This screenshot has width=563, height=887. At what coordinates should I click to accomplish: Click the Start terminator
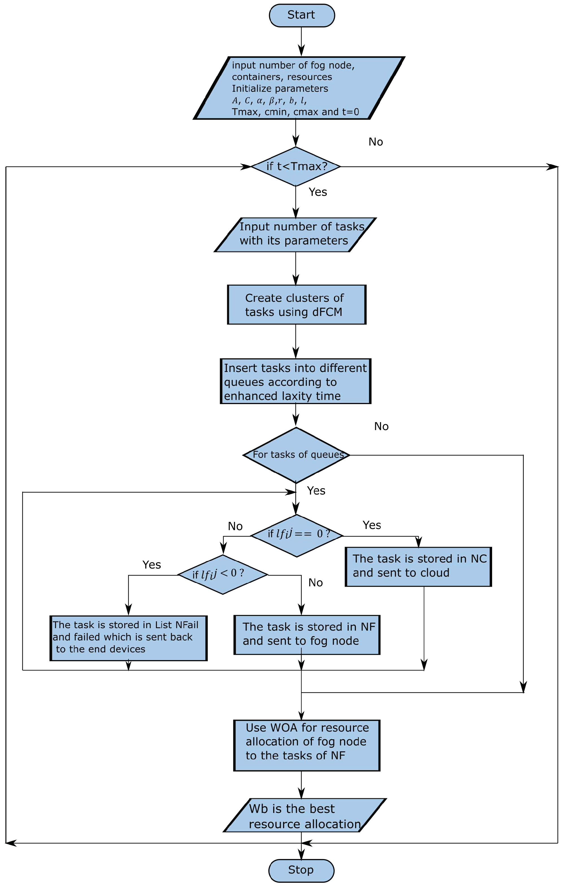point(302,16)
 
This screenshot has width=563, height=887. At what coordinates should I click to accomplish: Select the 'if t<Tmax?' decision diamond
point(296,166)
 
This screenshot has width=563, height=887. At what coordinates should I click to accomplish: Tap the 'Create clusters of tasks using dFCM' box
point(296,305)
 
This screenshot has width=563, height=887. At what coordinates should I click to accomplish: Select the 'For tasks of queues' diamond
point(296,455)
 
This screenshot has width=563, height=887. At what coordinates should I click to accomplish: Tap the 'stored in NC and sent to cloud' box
point(418,567)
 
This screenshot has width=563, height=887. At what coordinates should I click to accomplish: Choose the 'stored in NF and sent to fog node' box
point(307,635)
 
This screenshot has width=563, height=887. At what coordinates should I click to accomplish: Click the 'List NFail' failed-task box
point(129,638)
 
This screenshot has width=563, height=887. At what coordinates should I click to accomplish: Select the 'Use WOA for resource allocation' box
point(307,745)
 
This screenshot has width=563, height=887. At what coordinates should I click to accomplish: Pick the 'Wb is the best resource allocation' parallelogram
point(305,815)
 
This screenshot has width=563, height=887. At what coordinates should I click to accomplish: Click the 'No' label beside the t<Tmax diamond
point(376,142)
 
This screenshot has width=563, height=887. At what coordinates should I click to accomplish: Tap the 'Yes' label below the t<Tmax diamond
point(318,192)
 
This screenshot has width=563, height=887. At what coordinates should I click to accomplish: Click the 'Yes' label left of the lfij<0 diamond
point(152,565)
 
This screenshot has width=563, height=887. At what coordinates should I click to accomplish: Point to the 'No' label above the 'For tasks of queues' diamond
point(381,426)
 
